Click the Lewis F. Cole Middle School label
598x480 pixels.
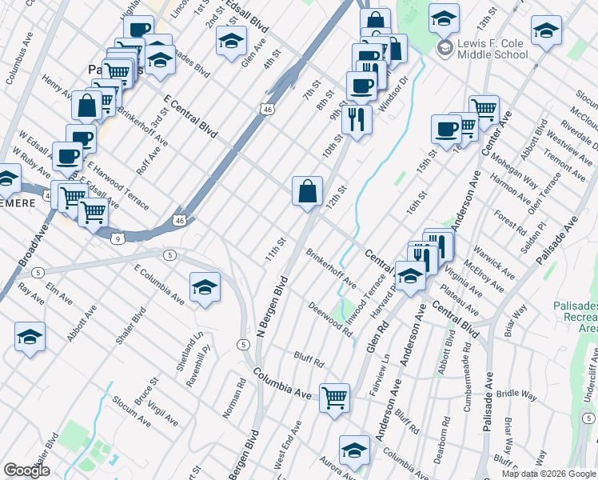[x=492, y=49]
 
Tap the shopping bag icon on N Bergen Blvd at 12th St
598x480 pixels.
[x=307, y=192]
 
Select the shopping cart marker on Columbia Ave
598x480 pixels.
[x=334, y=397]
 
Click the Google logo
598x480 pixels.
[x=26, y=470]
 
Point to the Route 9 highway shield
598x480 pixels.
[x=118, y=238]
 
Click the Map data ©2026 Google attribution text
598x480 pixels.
[x=548, y=474]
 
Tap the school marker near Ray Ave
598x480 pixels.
[x=30, y=337]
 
